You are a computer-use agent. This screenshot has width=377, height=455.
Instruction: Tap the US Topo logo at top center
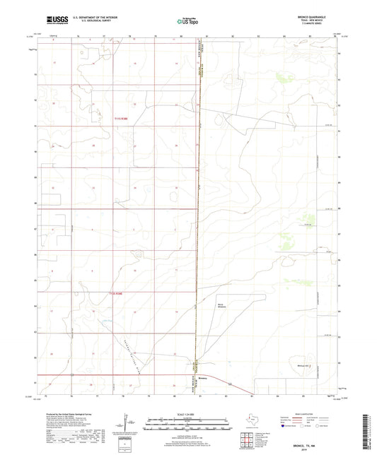point(186,21)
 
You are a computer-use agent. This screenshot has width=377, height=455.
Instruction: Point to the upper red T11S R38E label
point(123,118)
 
